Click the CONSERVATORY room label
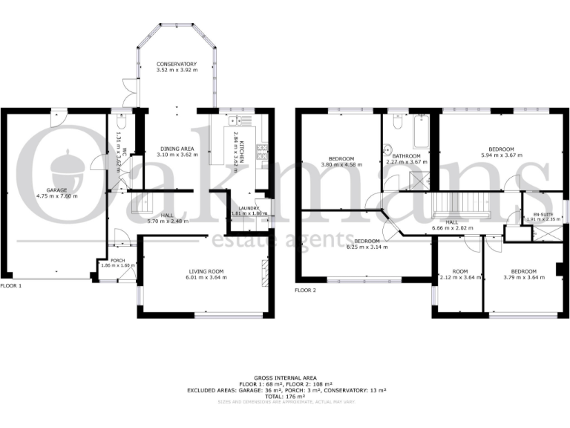[176, 65]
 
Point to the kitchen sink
[240, 120]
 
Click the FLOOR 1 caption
[11, 285]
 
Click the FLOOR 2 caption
[306, 290]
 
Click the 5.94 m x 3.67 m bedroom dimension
[502, 155]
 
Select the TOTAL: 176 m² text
[284, 395]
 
